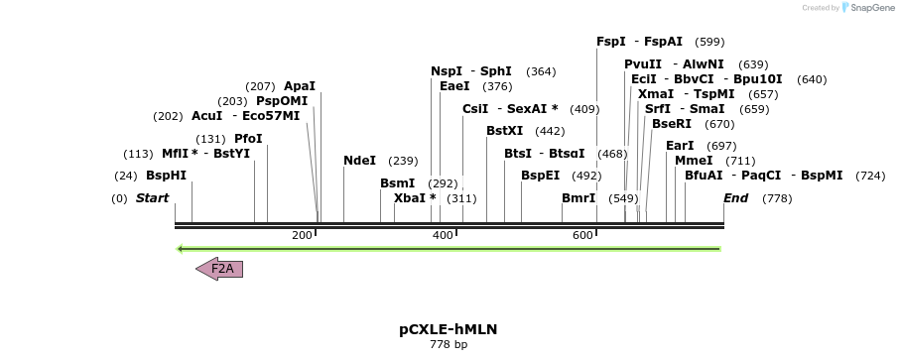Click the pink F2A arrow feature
coord(220,269)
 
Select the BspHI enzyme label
coord(166,176)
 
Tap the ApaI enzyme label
coord(299,86)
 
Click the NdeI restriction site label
coord(359,161)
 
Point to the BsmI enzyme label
coord(397,183)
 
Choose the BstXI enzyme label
coord(504,131)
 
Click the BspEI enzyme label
coord(540,176)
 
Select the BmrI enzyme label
coord(578,198)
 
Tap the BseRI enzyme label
coord(672,124)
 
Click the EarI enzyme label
coord(680,146)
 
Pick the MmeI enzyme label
coord(694,161)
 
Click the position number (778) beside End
coord(777,199)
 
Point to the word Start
coord(152,198)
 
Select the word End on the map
coord(735,198)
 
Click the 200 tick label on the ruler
coord(302,235)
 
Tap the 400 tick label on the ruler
coord(442,235)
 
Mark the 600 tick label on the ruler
coord(582,235)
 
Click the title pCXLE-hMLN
coord(449,329)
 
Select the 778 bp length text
coord(449,345)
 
